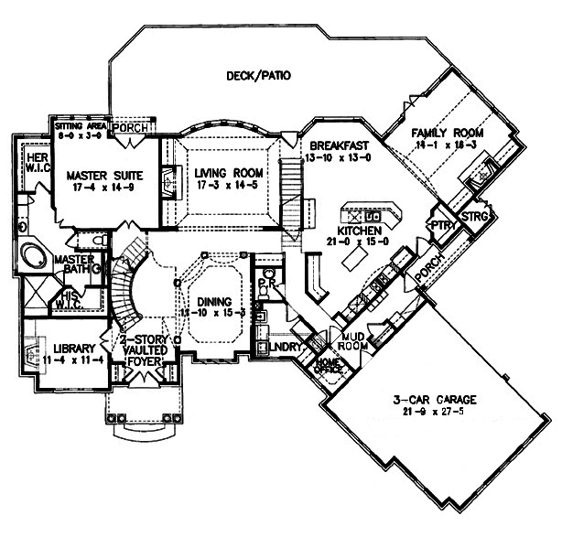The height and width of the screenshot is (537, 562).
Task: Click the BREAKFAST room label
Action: [x=339, y=146]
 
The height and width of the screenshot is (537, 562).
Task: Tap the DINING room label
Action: [x=212, y=302]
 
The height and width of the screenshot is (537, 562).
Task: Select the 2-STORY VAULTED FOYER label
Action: [x=144, y=349]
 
